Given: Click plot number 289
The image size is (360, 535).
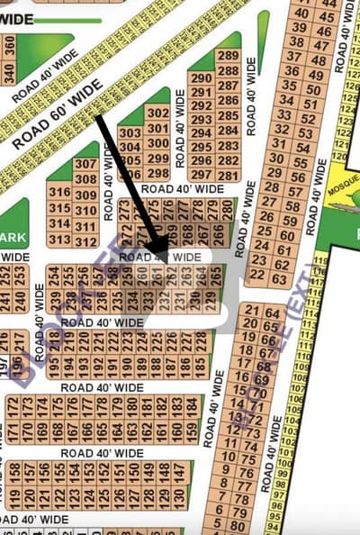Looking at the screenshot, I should [x=229, y=56].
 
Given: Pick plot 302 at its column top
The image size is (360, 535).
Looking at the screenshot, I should [x=157, y=113].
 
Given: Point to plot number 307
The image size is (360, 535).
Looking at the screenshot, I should [x=85, y=164].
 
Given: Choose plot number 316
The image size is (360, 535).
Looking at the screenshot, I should [x=60, y=192].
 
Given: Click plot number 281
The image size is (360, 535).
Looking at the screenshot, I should [x=229, y=174].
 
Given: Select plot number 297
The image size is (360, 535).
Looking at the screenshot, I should [x=202, y=174].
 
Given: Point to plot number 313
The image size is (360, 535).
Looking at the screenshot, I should [x=60, y=240].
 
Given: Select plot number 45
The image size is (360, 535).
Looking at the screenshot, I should [x=328, y=17].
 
